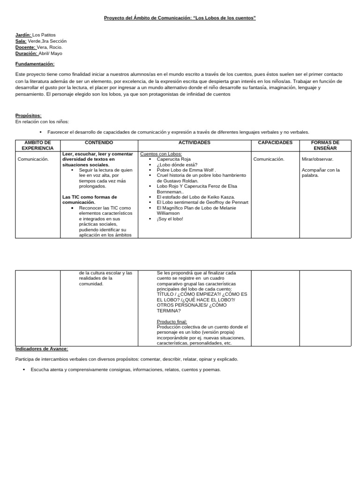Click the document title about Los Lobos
[180, 18]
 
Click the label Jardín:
[23, 35]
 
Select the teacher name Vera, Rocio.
[49, 47]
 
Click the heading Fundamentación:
[35, 64]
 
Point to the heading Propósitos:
[28, 115]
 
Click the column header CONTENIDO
[99, 142]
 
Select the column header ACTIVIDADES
[195, 142]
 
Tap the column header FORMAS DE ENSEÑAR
[325, 145]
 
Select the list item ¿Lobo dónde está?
[177, 165]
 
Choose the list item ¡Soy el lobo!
[170, 218]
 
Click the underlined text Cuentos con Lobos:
[161, 154]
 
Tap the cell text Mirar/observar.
[318, 159]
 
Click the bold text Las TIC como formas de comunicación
[90, 200]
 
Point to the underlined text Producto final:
[172, 322]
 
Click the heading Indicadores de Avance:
[42, 349]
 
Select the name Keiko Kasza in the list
[222, 197]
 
